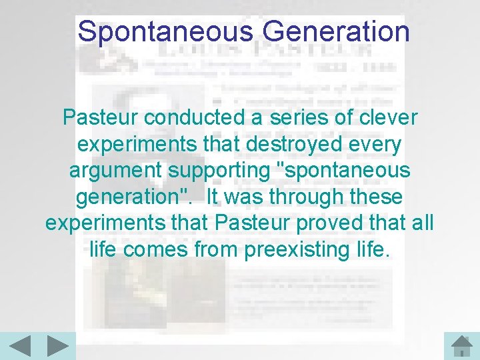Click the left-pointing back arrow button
click(20, 347)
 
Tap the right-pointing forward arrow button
click(58, 347)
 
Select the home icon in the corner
click(461, 347)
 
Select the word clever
click(389, 117)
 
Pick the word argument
click(113, 171)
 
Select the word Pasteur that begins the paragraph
click(101, 117)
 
